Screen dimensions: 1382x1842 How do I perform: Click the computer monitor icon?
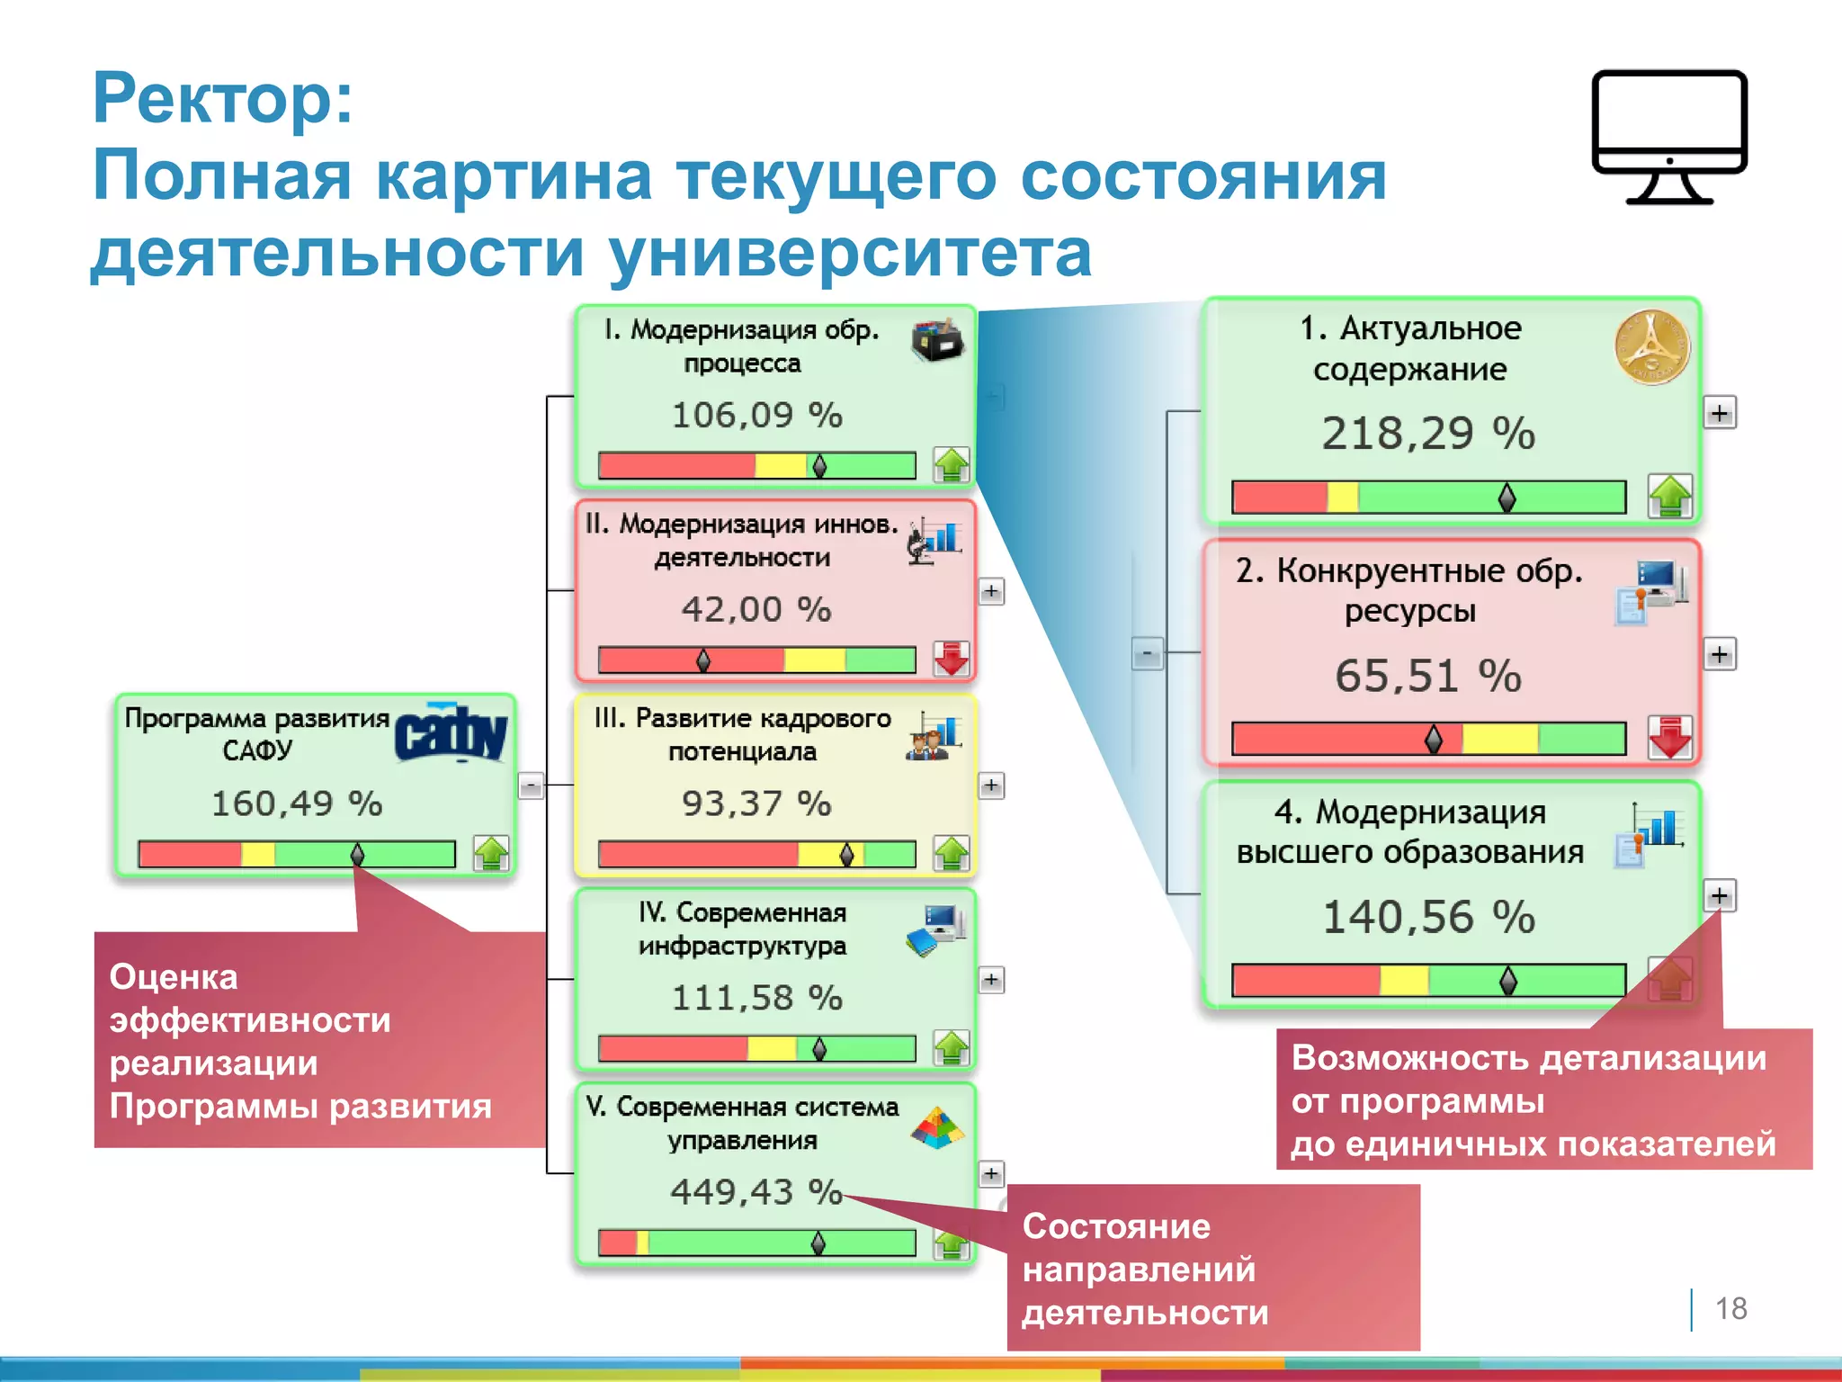click(x=1668, y=135)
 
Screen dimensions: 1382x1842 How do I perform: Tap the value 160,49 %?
click(x=297, y=803)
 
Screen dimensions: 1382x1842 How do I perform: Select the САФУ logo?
click(x=451, y=733)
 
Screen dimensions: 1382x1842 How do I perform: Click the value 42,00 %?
click(x=756, y=609)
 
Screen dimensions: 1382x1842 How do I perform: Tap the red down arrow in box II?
click(x=951, y=659)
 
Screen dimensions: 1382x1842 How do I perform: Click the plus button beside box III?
click(x=991, y=785)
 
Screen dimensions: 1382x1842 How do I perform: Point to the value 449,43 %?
click(x=756, y=1191)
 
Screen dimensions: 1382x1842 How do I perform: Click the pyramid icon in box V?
click(x=937, y=1127)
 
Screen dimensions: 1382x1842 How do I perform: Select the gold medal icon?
click(x=1651, y=347)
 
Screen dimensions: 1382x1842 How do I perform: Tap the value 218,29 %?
click(x=1428, y=434)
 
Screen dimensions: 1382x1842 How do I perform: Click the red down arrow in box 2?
click(x=1670, y=737)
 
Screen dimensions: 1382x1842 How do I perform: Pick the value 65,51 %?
click(x=1428, y=676)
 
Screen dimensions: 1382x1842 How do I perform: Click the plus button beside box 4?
click(x=1720, y=895)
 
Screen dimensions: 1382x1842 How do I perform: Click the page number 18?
click(x=1730, y=1308)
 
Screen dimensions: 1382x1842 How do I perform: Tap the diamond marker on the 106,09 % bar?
click(x=819, y=466)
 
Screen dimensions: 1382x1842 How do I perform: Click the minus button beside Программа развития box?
click(x=531, y=785)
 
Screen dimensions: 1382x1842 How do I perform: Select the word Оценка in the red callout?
click(x=174, y=977)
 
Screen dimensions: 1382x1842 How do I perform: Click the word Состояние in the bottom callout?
click(x=1116, y=1226)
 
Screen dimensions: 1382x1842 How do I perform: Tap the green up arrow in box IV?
click(x=951, y=1047)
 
